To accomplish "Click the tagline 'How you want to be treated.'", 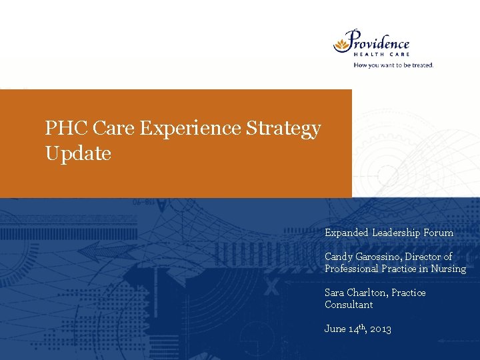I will [x=393, y=65].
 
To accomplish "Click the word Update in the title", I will [x=78, y=153].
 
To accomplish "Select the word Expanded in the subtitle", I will [x=346, y=233].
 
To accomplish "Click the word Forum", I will [x=438, y=233].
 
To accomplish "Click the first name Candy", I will [x=338, y=257].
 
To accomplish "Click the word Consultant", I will [x=349, y=305].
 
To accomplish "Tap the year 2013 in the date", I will [x=380, y=329].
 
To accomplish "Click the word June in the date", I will [x=335, y=329].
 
